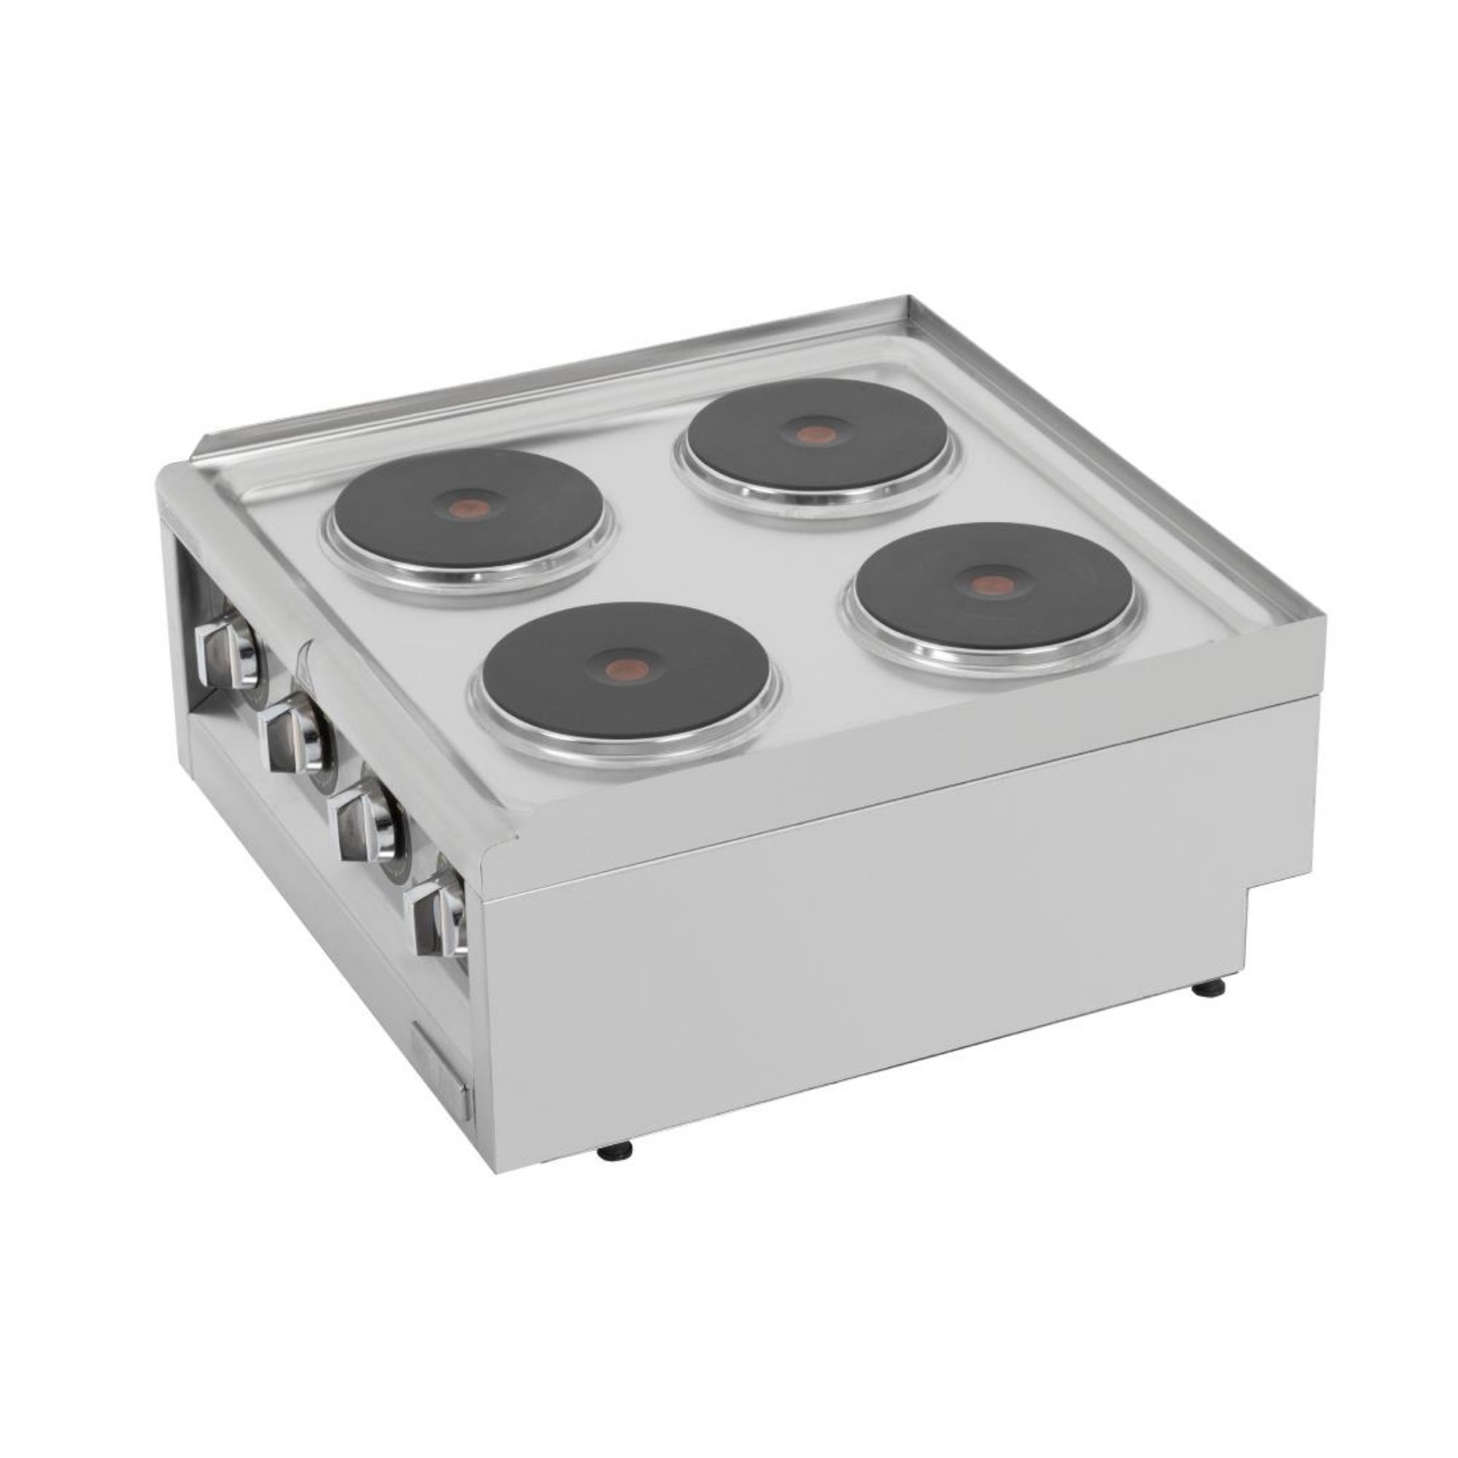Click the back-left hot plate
[470, 514]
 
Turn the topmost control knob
[227, 648]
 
